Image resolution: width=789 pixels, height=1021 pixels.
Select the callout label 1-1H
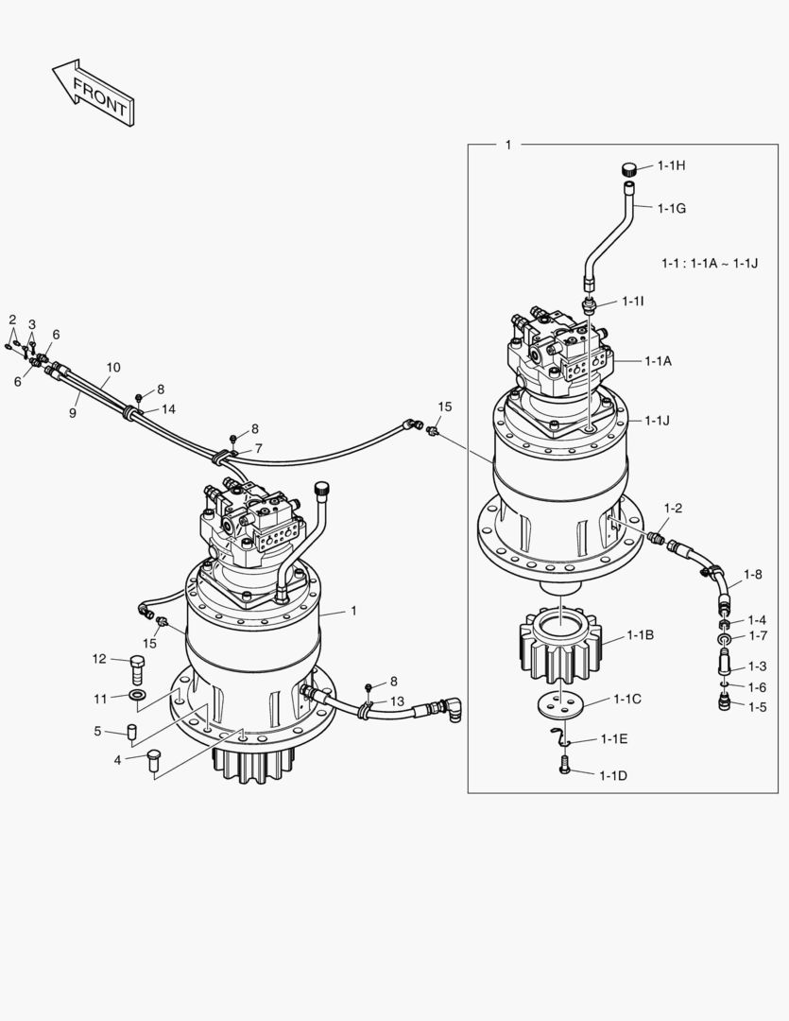click(672, 166)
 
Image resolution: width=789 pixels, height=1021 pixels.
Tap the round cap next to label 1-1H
click(629, 170)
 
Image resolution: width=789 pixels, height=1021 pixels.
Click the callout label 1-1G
click(672, 208)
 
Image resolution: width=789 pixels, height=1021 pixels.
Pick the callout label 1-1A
click(659, 360)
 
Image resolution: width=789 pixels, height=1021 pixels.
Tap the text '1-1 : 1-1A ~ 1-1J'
click(710, 262)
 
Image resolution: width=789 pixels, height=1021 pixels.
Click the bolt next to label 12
click(137, 670)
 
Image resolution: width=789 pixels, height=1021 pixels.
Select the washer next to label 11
click(137, 698)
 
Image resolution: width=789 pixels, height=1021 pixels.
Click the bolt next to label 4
click(156, 761)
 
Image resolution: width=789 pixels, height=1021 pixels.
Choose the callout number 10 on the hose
click(112, 367)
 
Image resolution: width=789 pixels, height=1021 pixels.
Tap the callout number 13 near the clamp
click(397, 701)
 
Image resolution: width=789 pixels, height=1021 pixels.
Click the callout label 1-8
click(752, 574)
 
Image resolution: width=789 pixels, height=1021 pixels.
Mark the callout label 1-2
click(673, 509)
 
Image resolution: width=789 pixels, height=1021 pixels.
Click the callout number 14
click(168, 409)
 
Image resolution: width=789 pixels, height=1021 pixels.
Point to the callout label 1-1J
click(658, 421)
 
